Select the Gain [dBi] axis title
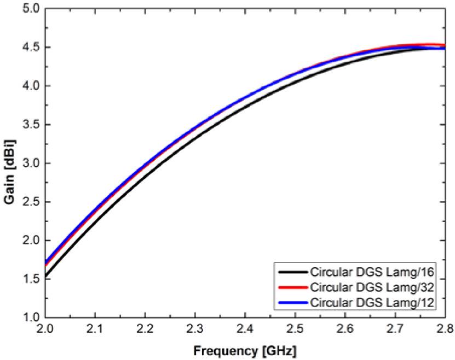point(9,163)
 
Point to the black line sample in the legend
point(292,272)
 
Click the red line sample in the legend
point(292,287)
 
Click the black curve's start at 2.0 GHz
point(45,276)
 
